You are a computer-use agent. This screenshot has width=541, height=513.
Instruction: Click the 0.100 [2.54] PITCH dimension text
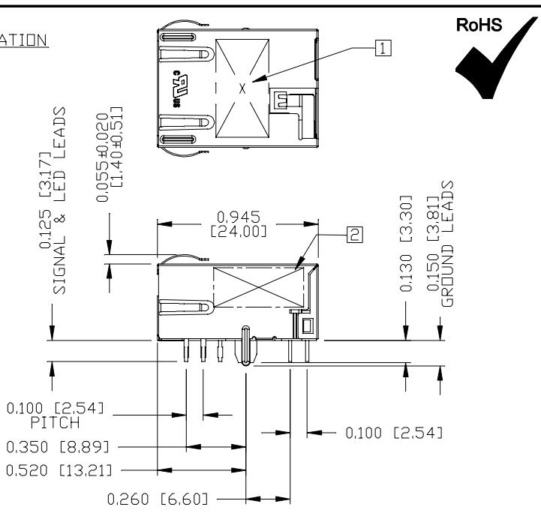pyautogui.click(x=54, y=415)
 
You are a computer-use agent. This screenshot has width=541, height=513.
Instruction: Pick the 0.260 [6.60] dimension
pyautogui.click(x=161, y=497)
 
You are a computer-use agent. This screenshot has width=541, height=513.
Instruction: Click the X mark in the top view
pyautogui.click(x=242, y=88)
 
